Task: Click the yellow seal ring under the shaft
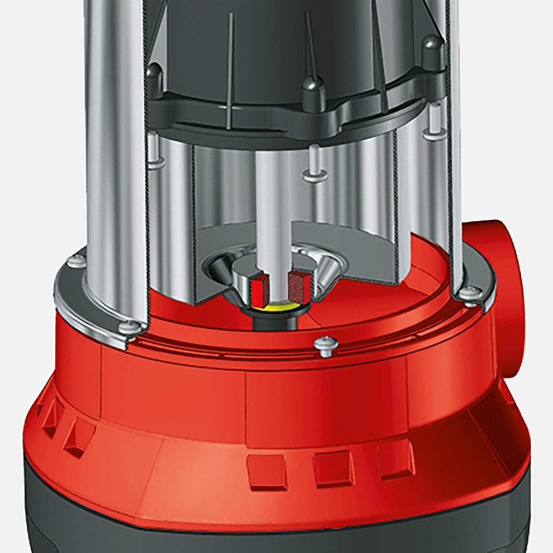click(x=281, y=307)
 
